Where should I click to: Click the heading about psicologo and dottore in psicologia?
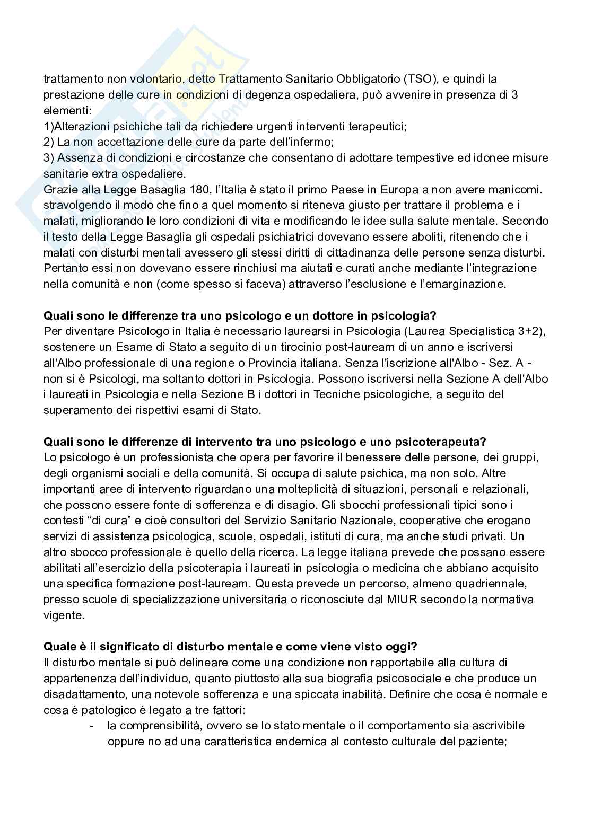(x=239, y=316)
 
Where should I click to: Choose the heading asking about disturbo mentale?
(x=230, y=647)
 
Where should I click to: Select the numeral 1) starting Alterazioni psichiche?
(x=48, y=127)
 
